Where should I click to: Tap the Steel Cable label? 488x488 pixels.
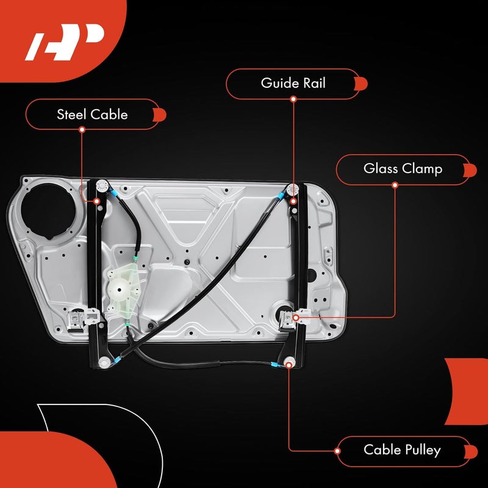pos(92,114)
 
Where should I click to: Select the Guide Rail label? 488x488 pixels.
pos(293,84)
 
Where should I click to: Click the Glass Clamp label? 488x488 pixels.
pos(403,169)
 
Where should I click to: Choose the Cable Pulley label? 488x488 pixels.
pos(402,451)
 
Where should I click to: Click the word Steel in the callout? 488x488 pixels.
pos(72,114)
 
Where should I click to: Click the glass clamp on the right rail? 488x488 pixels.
pos(295,317)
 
